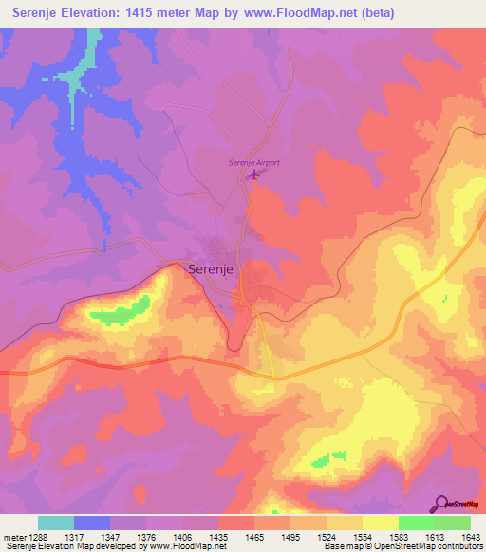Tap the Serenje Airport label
coord(254,163)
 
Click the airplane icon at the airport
coord(252,175)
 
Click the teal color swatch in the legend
coord(56,523)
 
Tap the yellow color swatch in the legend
coord(380,523)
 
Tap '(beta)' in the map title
coord(374,13)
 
